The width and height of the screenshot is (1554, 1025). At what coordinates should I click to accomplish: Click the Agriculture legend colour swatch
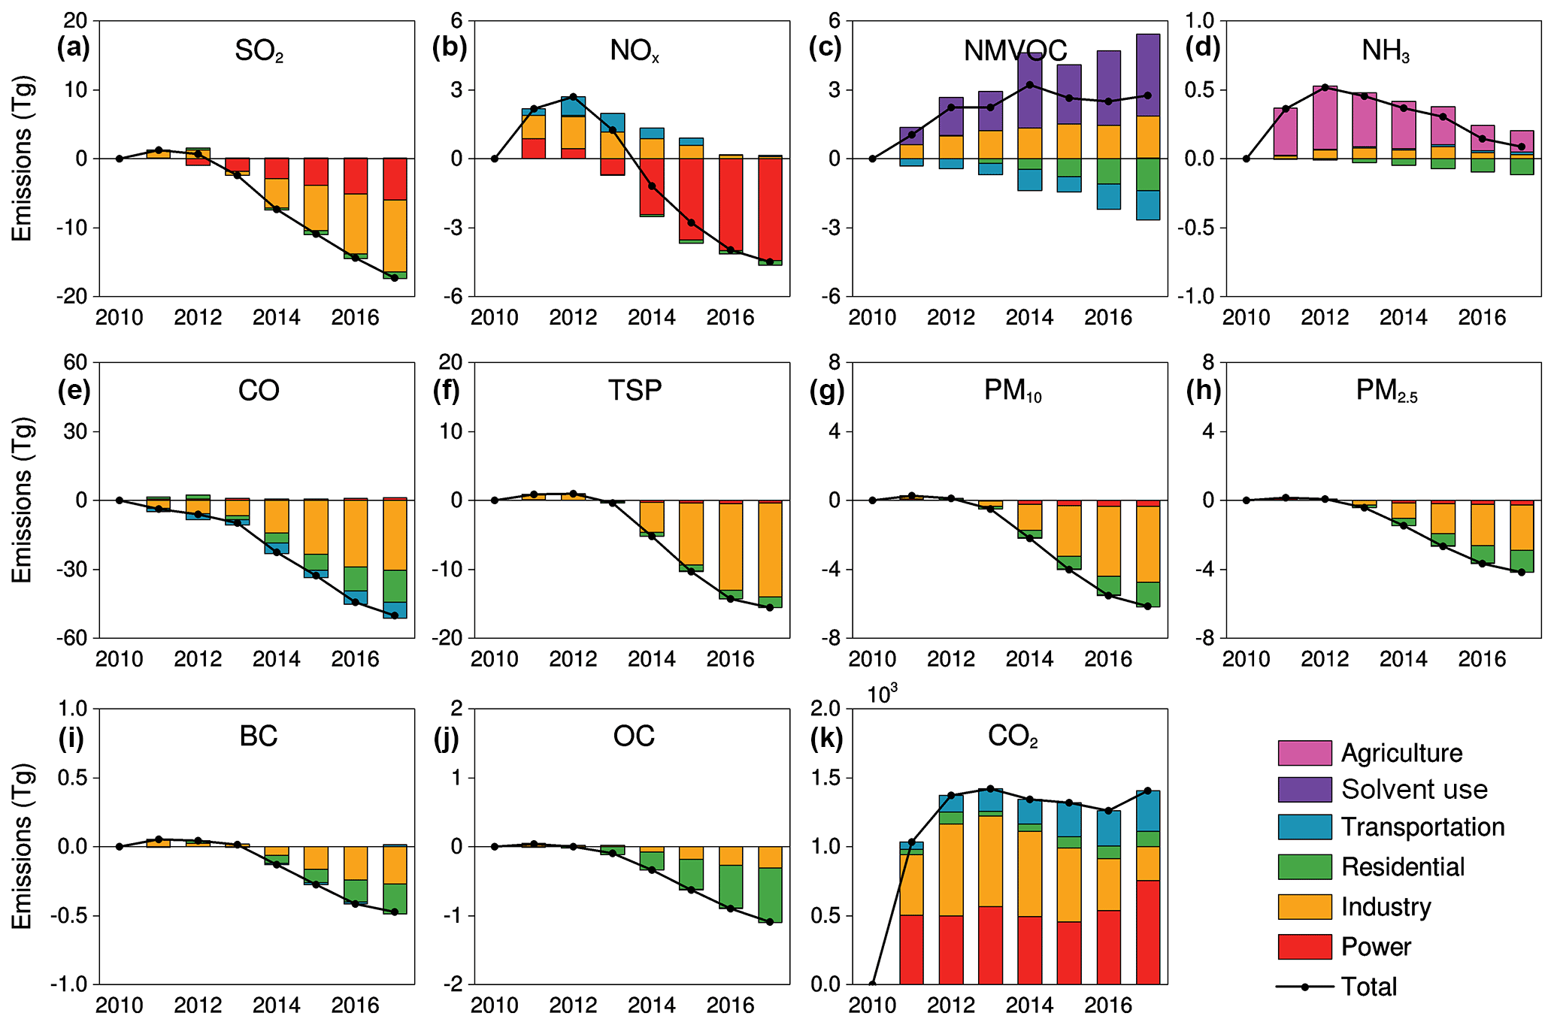[x=1304, y=753]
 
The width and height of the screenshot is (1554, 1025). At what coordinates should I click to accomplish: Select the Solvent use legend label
[x=1414, y=790]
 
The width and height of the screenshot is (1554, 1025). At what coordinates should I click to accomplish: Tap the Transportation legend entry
[x=1422, y=827]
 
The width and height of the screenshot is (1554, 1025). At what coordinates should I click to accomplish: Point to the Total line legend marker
[x=1305, y=987]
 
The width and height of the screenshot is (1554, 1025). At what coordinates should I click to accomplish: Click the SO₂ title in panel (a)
[x=259, y=51]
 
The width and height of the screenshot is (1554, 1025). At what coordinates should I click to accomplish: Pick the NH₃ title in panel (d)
[x=1386, y=51]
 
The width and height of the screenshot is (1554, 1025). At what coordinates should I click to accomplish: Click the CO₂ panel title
[x=1012, y=736]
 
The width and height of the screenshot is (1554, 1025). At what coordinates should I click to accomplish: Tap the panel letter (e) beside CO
[x=74, y=391]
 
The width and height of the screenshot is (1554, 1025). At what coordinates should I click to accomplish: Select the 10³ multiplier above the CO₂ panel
[x=883, y=694]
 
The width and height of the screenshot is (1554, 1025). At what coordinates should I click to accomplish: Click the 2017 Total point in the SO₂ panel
[x=395, y=278]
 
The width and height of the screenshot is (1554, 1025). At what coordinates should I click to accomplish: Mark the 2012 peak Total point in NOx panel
[x=573, y=97]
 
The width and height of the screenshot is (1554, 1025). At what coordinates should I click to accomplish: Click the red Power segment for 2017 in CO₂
[x=1147, y=932]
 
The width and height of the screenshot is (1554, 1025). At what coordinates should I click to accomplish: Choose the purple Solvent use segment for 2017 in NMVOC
[x=1147, y=75]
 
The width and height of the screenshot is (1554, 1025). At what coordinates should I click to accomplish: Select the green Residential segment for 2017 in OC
[x=769, y=895]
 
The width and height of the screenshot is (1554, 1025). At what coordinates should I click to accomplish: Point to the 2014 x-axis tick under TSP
[x=651, y=659]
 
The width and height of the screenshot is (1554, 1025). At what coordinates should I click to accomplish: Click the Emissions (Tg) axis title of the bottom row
[x=23, y=846]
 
